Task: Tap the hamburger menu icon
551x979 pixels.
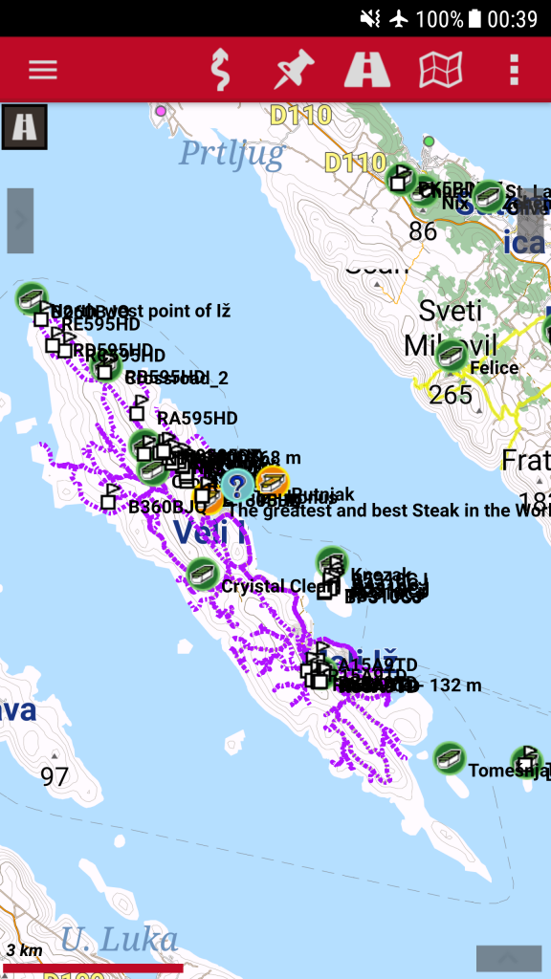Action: coord(43,70)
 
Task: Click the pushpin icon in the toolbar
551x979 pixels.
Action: coord(295,70)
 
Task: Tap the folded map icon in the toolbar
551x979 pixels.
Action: coord(441,70)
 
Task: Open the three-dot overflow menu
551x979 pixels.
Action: coord(515,70)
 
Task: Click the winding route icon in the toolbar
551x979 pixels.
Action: coord(221,70)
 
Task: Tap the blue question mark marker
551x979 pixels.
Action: coord(237,485)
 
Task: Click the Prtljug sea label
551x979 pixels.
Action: coord(231,152)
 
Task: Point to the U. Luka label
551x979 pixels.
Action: coord(119,939)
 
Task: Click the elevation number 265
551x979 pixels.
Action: coord(451,394)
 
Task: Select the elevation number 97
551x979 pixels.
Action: coord(55,776)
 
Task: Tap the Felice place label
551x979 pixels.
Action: coord(494,368)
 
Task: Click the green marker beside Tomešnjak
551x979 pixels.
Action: coord(449,759)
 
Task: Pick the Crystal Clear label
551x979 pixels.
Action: coord(267,586)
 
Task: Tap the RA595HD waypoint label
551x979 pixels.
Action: coord(197,418)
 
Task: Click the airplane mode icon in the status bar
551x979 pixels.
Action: coord(399,18)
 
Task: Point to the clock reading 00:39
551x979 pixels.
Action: coord(512,18)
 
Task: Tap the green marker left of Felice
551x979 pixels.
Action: coord(451,356)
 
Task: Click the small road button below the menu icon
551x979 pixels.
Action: coord(24,126)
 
